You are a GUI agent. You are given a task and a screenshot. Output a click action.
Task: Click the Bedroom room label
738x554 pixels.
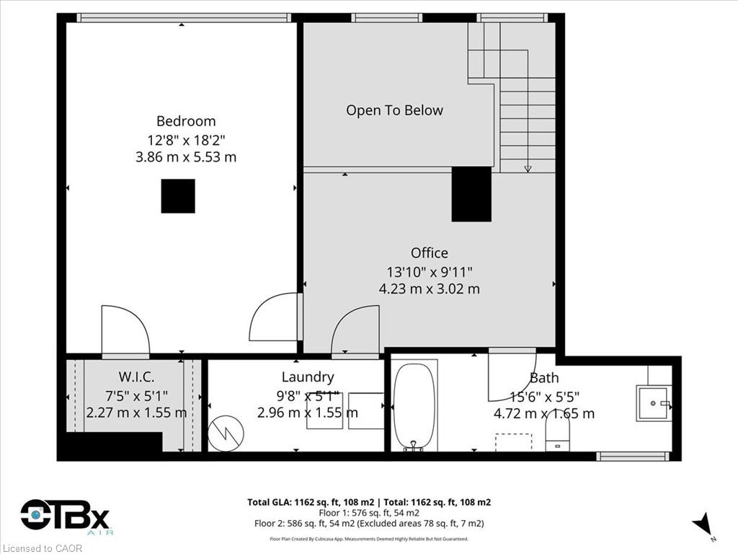186,121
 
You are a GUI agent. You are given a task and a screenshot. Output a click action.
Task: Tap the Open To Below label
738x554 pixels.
394,110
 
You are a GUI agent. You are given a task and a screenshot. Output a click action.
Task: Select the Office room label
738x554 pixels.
430,253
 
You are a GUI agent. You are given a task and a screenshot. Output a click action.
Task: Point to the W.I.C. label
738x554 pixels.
136,377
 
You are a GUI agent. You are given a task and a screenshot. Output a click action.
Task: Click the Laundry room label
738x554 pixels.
308,377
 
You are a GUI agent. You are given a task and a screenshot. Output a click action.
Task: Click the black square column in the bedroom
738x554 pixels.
178,196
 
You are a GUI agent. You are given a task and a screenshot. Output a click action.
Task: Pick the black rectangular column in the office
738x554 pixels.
471,194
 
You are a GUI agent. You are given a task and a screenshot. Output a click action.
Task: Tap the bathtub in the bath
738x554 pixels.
414,406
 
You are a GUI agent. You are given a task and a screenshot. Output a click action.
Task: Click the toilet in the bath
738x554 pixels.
557,431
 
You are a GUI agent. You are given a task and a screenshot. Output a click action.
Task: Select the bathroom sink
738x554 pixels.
654,403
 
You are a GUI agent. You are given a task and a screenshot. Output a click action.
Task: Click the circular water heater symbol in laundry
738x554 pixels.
226,433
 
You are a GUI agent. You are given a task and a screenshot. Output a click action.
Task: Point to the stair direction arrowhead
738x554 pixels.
528,168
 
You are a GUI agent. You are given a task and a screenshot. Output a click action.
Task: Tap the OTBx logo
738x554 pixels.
65,516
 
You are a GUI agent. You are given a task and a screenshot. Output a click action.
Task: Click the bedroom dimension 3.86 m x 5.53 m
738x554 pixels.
186,157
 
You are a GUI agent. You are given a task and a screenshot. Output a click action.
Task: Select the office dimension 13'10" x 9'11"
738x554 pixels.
430,272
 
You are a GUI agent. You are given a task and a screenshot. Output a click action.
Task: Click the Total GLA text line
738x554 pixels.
369,502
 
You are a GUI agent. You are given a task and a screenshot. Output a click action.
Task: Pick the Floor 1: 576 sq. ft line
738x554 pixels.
369,513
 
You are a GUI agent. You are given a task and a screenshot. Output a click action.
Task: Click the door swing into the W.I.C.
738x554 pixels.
125,330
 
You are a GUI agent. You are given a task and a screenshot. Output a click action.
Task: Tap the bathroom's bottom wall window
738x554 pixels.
633,456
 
